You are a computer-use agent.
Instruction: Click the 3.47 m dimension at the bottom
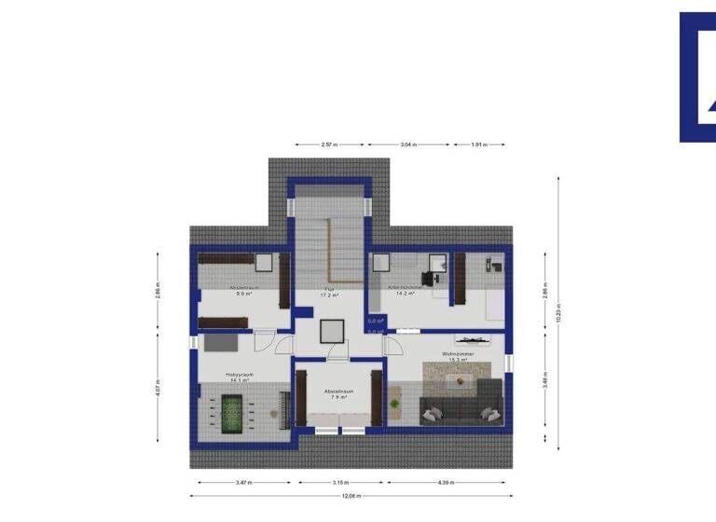coord(244,483)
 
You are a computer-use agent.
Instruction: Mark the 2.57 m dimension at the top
coord(328,145)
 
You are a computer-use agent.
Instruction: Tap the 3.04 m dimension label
coord(408,145)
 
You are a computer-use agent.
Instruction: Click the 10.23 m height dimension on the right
coord(558,312)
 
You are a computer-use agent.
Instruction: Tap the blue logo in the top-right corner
coord(697,76)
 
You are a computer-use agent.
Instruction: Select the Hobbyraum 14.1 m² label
coord(240,378)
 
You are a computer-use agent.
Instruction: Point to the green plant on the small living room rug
coord(394,405)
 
